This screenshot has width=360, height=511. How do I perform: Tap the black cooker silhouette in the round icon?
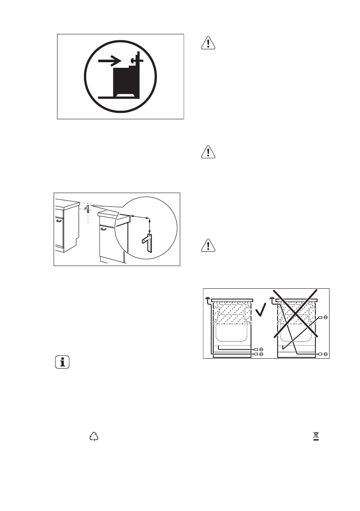click(x=127, y=81)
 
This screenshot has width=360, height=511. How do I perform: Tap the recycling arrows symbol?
click(x=94, y=437)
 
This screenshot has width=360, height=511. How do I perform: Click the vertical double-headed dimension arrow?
click(x=150, y=225)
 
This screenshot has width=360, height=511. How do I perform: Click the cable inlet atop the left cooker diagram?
click(x=208, y=299)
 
